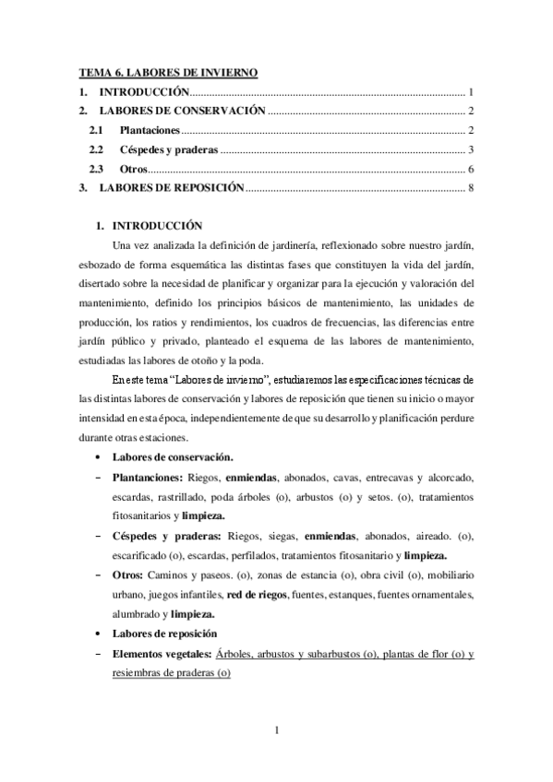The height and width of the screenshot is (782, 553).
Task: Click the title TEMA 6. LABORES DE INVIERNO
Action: coord(166,72)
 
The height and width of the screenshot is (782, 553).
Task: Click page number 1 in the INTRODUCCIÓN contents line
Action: coord(471,92)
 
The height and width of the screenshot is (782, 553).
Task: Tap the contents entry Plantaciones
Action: coord(150,131)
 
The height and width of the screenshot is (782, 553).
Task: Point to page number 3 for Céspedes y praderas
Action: coord(471,150)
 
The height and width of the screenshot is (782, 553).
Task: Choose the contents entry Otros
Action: coord(134,170)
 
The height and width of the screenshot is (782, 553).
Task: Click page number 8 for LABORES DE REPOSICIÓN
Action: coord(471,189)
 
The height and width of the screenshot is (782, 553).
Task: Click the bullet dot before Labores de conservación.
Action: coord(98,457)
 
